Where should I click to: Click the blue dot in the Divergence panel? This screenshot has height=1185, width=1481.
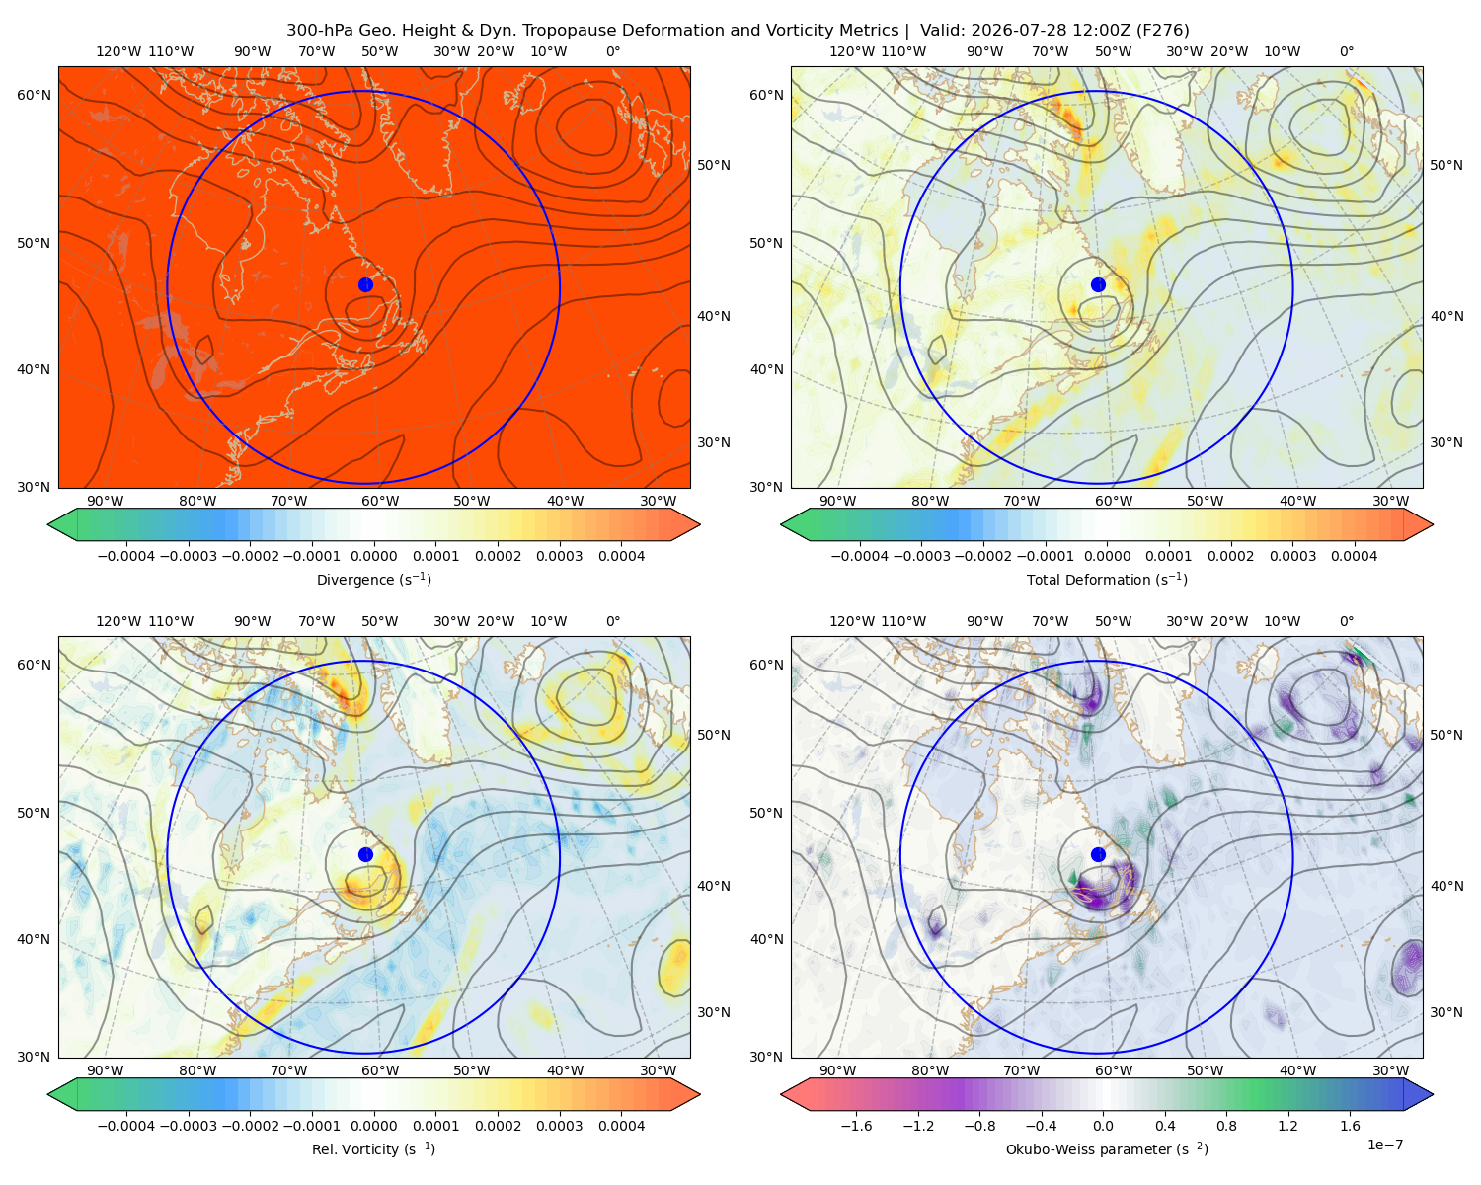tap(365, 284)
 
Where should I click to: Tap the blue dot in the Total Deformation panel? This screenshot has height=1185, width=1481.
tap(1098, 284)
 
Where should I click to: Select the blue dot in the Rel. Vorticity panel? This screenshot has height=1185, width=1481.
tap(365, 854)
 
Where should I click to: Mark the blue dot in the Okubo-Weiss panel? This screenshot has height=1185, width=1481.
tap(1098, 854)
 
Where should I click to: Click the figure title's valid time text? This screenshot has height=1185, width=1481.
tap(1054, 31)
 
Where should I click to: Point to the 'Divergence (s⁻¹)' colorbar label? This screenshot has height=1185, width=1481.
tap(373, 579)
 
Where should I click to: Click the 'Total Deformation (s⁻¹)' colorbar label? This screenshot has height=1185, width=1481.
tap(1107, 579)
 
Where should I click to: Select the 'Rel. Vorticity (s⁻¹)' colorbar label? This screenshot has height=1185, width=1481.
tap(373, 1148)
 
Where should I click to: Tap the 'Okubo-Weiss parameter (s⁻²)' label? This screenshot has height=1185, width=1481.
tap(1107, 1148)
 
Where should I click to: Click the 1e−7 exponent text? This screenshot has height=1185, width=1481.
tap(1384, 1145)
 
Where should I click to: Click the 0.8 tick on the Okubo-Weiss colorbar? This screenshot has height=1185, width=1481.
tap(1226, 1126)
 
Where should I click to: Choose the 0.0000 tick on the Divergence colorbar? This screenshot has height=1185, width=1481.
tap(373, 556)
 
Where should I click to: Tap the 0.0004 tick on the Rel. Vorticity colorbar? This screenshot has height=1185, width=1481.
tap(621, 1126)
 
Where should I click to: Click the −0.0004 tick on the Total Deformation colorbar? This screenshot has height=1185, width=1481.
tap(859, 556)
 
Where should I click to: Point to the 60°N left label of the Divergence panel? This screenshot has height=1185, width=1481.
tap(34, 95)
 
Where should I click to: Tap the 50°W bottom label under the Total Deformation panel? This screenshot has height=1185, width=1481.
tap(1205, 501)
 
